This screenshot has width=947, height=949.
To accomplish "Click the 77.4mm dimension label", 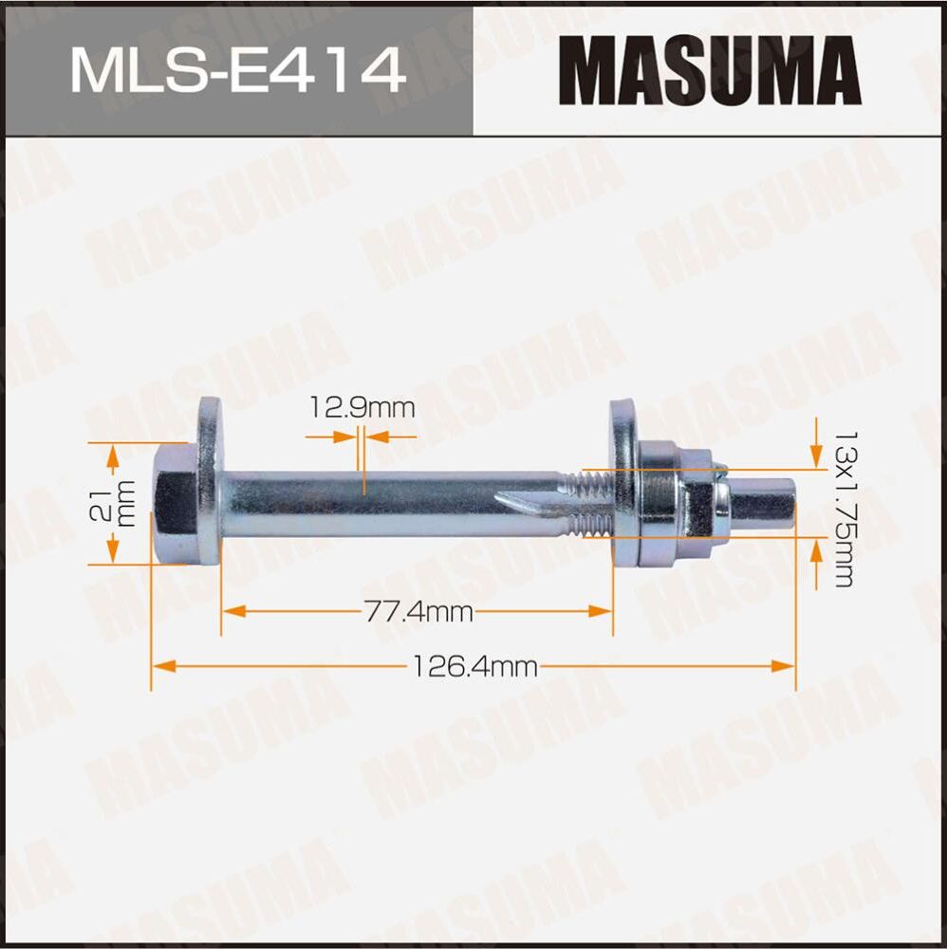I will point(418,612).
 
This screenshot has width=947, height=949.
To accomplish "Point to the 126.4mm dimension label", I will point(473,667).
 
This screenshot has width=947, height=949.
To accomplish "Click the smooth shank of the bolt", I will point(380,503).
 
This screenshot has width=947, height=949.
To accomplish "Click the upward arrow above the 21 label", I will point(113,459).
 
